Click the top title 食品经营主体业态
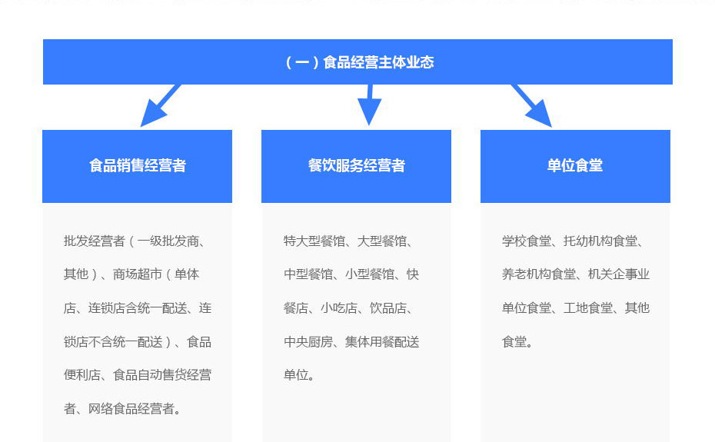coord(378,62)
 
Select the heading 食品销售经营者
coord(138,165)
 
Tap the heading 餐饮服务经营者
coord(356,165)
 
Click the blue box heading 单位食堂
coord(575,165)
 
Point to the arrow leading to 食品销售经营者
coord(161,105)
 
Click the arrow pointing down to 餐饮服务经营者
coord(369,105)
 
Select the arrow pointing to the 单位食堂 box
coord(531,105)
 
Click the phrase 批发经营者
coord(95,241)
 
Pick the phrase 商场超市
coord(138,274)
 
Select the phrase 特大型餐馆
coord(314,241)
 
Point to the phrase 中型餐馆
coord(308,274)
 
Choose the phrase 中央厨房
coord(308,341)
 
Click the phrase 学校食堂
coord(527,241)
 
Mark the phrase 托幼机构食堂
coord(600,241)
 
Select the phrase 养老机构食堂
coord(539,274)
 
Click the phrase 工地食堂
coord(588,308)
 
